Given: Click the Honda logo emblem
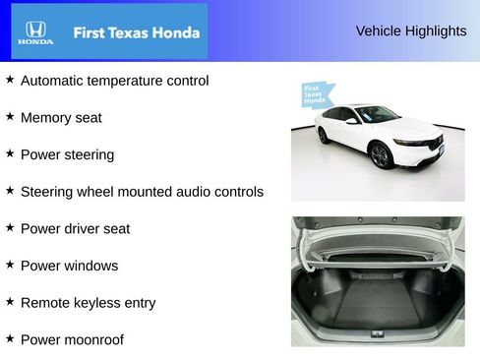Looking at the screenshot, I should (35, 31).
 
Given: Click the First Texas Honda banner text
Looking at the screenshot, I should (136, 32).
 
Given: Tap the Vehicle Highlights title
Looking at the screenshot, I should (410, 31).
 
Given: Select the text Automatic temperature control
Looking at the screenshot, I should (114, 81).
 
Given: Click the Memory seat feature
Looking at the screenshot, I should (61, 118).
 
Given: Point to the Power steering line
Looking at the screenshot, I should (67, 154).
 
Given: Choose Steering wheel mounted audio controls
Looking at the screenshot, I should (142, 192).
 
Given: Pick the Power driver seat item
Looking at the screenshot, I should (75, 229).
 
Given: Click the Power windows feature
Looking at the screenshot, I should (69, 266).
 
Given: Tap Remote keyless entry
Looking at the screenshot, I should (88, 303).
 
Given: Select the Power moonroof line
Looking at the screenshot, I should (72, 340).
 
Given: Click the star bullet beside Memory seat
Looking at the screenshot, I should (10, 116).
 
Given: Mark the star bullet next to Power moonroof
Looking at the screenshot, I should (10, 338).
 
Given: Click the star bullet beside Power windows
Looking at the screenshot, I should (10, 264).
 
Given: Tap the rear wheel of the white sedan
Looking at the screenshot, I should (324, 134).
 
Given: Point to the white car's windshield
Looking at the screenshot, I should (378, 115).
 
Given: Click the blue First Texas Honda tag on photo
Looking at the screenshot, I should (316, 95).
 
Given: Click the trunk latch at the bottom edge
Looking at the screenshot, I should (378, 333).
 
